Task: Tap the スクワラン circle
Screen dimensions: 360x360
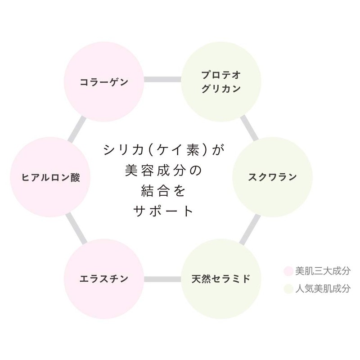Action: pos(272,177)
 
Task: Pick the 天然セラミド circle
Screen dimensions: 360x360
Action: pos(221,279)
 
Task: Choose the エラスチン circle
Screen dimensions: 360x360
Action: pos(104,279)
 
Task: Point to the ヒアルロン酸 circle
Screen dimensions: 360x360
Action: pos(50,177)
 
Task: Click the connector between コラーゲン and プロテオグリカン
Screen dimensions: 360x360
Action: pos(162,80)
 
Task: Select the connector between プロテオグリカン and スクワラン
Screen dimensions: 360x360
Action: pos(250,128)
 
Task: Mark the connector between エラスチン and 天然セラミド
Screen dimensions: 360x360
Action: pos(162,279)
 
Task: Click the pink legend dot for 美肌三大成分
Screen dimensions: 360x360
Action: pos(288,271)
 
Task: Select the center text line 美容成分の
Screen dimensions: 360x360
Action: pos(162,170)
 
